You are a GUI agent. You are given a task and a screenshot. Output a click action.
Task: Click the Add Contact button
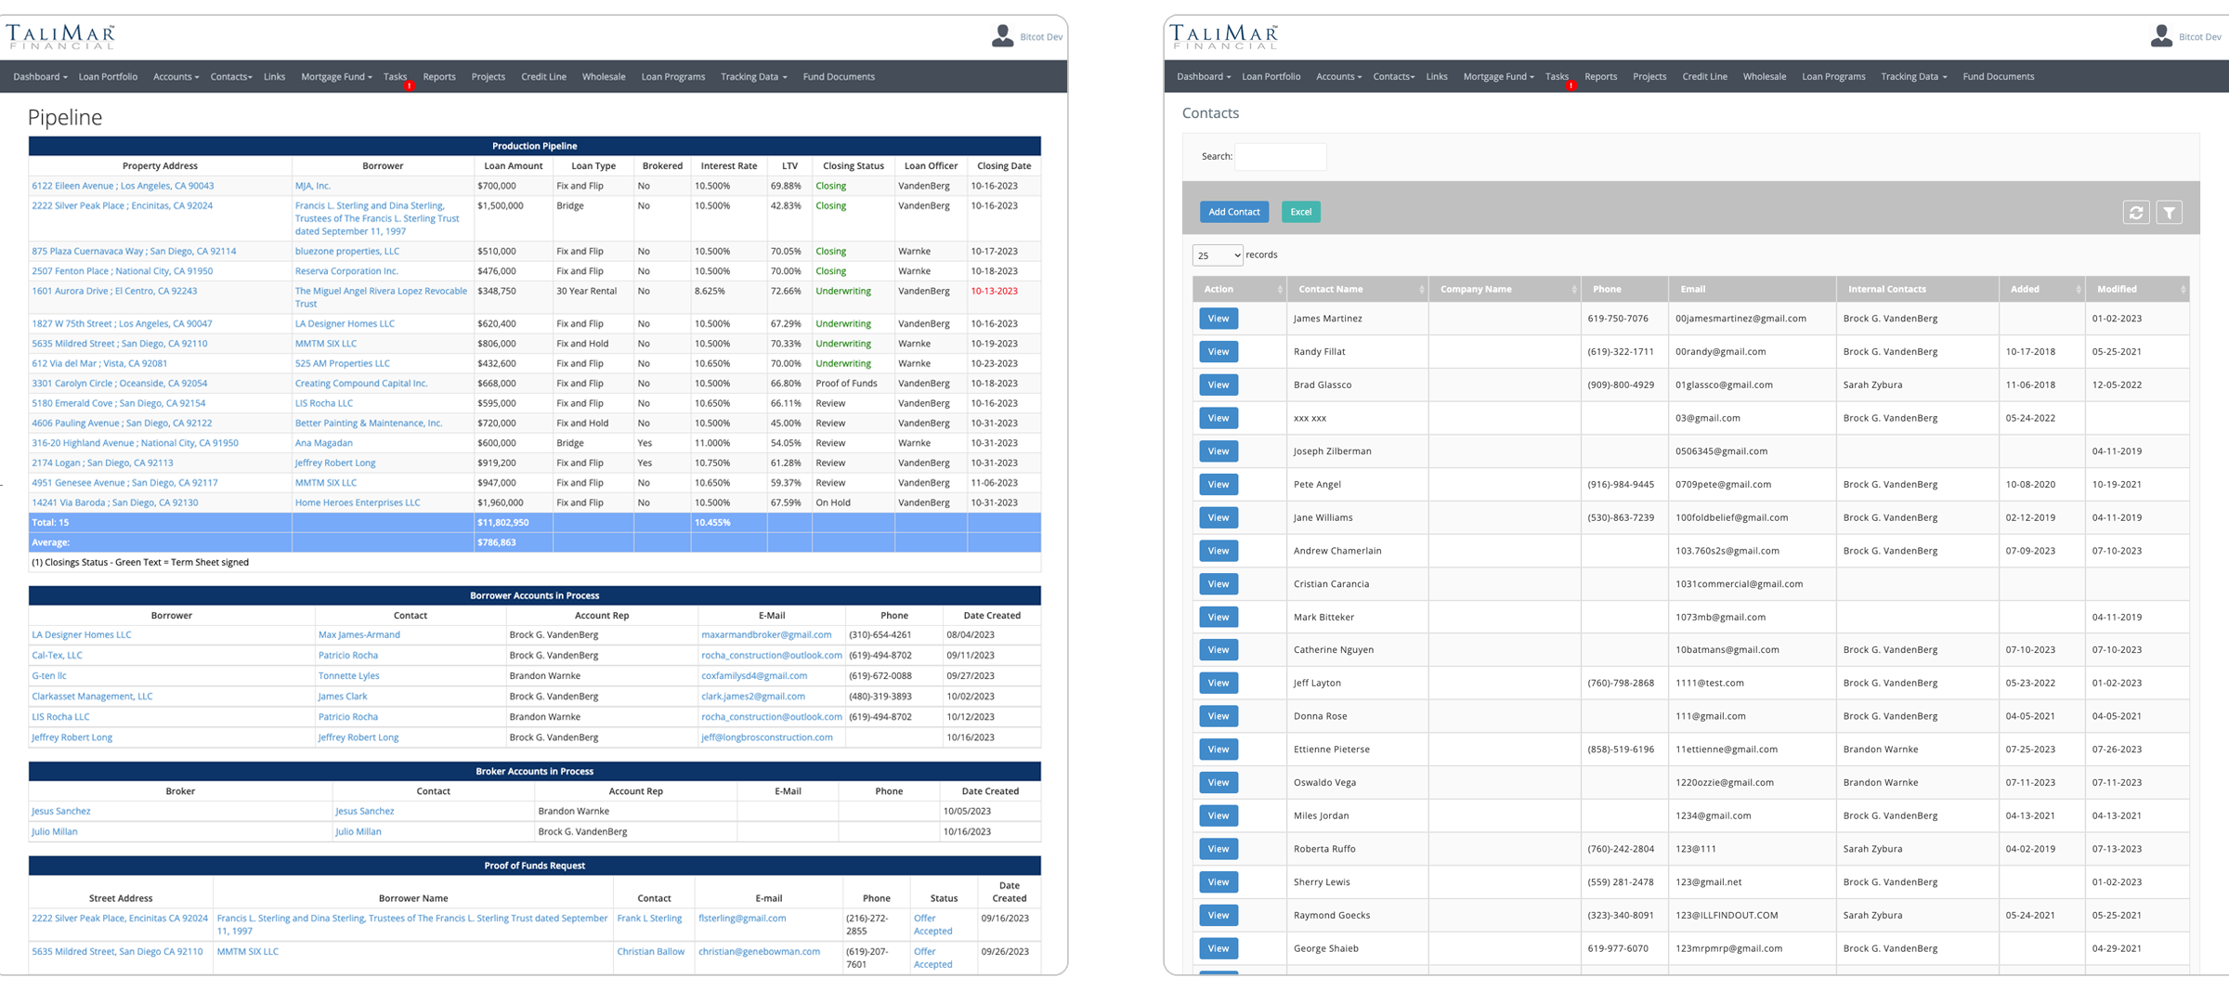tap(1233, 212)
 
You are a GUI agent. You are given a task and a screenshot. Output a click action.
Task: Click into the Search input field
tap(1280, 157)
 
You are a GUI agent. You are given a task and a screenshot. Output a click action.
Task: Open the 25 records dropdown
tap(1217, 255)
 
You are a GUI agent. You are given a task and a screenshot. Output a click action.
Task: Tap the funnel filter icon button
tap(2169, 213)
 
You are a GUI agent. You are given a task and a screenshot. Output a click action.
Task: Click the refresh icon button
tap(2135, 213)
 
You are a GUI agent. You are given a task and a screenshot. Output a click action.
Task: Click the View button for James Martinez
tap(1218, 319)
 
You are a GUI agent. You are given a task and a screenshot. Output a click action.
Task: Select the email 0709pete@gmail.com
tap(1723, 484)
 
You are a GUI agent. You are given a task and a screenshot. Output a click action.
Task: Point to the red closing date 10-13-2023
tap(994, 291)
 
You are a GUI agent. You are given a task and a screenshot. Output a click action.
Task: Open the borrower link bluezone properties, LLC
tap(346, 251)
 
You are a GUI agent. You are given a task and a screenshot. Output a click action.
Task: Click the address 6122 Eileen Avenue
tap(123, 186)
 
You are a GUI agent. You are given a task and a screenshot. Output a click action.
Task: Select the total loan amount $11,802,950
tap(502, 523)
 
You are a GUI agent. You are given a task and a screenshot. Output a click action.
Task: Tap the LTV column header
tap(789, 166)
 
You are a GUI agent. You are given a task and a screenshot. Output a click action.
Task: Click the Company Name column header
tap(1475, 289)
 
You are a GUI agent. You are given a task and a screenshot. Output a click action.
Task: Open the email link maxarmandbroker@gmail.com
tap(766, 635)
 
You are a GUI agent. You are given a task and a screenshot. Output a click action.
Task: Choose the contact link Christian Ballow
tap(650, 951)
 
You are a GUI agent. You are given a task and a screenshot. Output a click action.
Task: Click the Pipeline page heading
tap(65, 117)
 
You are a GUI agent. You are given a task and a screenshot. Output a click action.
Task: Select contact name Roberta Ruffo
tap(1324, 849)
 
